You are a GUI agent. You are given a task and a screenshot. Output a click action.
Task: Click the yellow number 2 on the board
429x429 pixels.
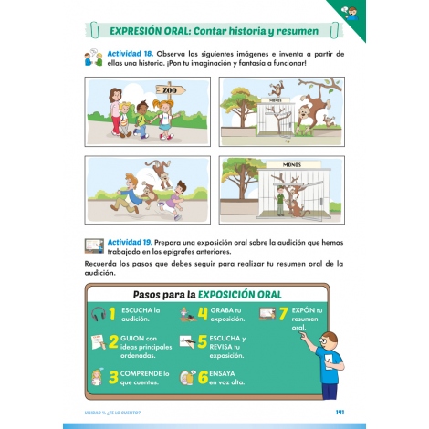(x=114, y=344)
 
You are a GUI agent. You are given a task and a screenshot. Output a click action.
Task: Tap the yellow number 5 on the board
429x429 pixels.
(x=203, y=344)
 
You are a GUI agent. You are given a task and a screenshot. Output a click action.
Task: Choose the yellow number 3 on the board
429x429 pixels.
(x=114, y=376)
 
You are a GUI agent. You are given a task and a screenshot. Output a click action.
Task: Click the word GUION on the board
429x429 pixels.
(x=133, y=339)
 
